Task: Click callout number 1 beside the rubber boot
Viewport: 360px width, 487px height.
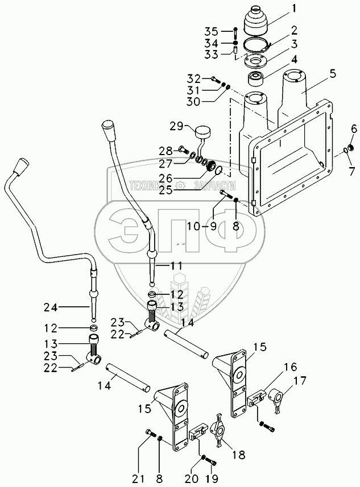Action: (x=294, y=10)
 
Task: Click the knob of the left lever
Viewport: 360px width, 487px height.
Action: (x=21, y=167)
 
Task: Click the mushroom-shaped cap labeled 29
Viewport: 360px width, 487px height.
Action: (x=201, y=133)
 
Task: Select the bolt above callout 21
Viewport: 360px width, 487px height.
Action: (x=150, y=435)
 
